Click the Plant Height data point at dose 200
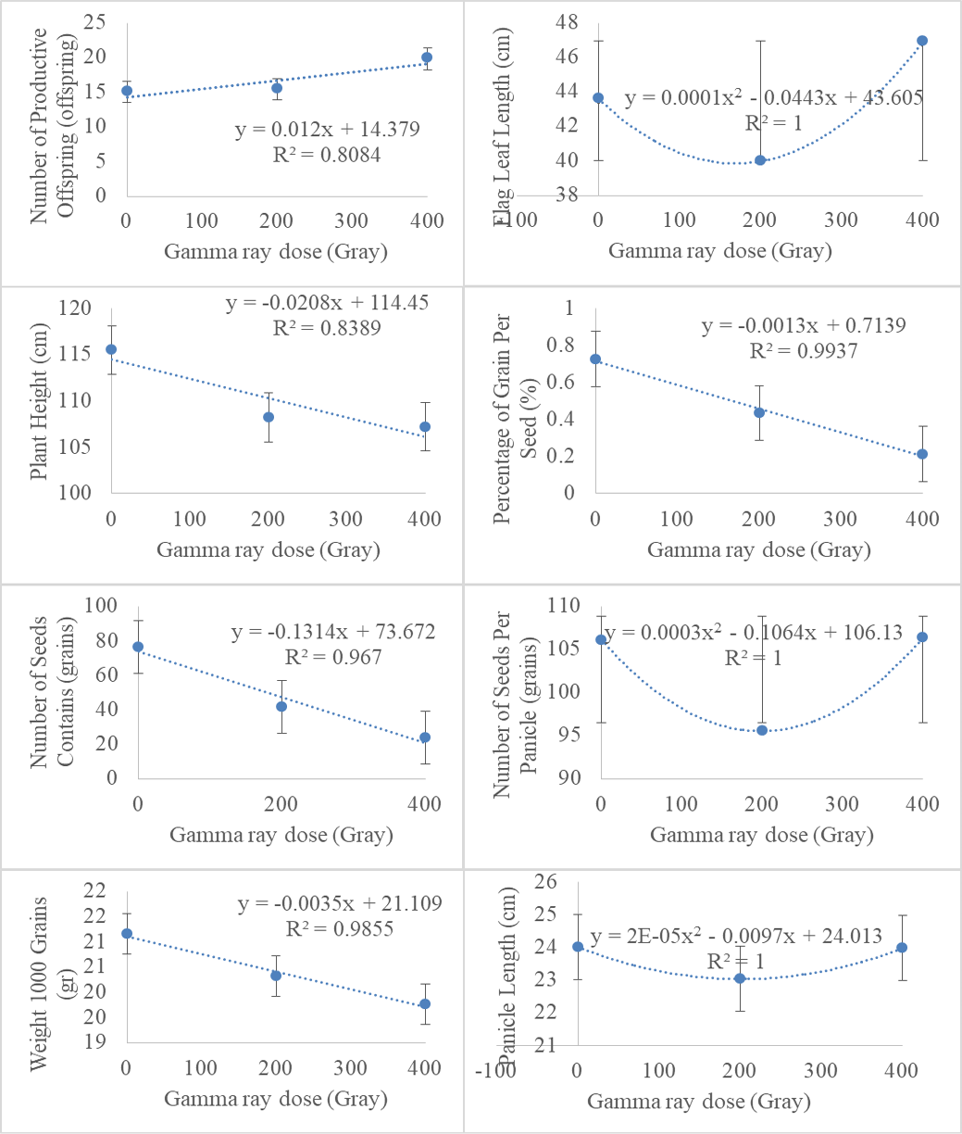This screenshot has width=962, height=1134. pos(269,417)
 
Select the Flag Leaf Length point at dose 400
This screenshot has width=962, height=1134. pos(922,41)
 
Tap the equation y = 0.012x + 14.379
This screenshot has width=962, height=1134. pos(327,130)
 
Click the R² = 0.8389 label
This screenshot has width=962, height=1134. pos(327,328)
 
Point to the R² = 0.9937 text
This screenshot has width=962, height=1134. pos(804,350)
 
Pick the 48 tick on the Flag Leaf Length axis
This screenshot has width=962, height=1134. pos(567,22)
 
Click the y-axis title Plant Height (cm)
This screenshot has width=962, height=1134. pos(39,401)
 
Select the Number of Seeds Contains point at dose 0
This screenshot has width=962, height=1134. pos(138,647)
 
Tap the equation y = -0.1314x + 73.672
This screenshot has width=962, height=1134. pos(333,632)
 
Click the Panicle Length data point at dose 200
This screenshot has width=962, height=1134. pos(740,978)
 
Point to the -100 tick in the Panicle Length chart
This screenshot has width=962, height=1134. pos(496,1070)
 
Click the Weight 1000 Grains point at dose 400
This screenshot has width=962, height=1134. pos(425,1004)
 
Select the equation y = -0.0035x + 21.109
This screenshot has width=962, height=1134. pos(340,903)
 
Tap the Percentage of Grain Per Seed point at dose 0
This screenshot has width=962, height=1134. pos(595,359)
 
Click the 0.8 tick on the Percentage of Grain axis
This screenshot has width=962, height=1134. pos(560,345)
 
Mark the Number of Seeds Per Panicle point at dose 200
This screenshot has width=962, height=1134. pos(762,730)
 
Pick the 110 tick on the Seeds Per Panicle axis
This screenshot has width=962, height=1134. pos(564,605)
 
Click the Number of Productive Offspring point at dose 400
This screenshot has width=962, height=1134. pos(427,57)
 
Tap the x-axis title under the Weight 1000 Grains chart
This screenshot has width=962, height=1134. pos(276,1099)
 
